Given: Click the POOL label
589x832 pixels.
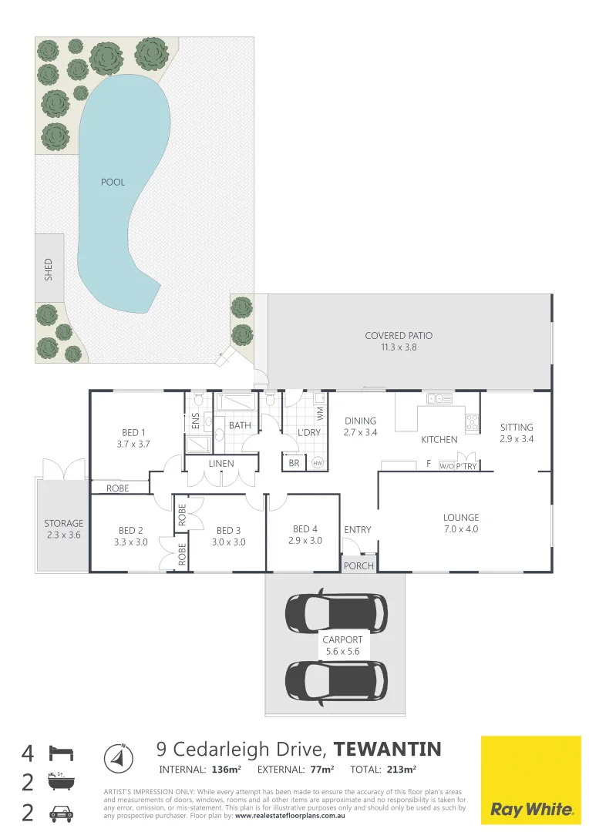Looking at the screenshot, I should point(113,183).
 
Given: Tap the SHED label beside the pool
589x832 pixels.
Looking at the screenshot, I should point(48,269).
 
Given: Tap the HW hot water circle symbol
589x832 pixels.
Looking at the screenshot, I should point(318,463).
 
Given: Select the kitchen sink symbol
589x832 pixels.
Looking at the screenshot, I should point(440,398).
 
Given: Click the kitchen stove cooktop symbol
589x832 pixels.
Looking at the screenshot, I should point(471,422).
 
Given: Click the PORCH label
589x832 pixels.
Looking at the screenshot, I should point(358,565).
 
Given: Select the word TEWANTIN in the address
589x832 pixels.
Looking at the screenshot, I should point(389,749).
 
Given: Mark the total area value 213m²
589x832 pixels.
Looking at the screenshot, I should point(402,770).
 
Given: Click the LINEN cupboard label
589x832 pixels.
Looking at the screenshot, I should point(221,464).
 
